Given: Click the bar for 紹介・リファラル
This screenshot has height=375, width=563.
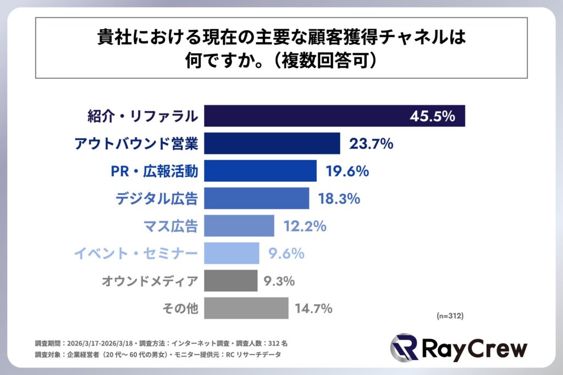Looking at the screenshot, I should coord(308,116).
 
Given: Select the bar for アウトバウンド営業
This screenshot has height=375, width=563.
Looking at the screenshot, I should coord(272,143).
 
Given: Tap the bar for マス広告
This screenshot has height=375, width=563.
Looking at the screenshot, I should coord(239,226).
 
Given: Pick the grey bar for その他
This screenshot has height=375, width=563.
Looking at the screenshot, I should coord(246,308).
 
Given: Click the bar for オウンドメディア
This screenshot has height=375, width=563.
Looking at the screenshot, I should coord(231,281).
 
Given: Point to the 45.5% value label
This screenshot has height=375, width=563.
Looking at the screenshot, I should coord(432,116).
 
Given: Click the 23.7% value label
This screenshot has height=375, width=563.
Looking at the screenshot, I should coord(371,144).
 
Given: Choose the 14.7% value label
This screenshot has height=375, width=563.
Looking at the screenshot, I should coord(314,309).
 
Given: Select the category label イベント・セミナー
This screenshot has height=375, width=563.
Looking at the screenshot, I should coord(135,254).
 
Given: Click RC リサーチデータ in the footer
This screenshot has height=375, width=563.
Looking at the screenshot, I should coord(253,355).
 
